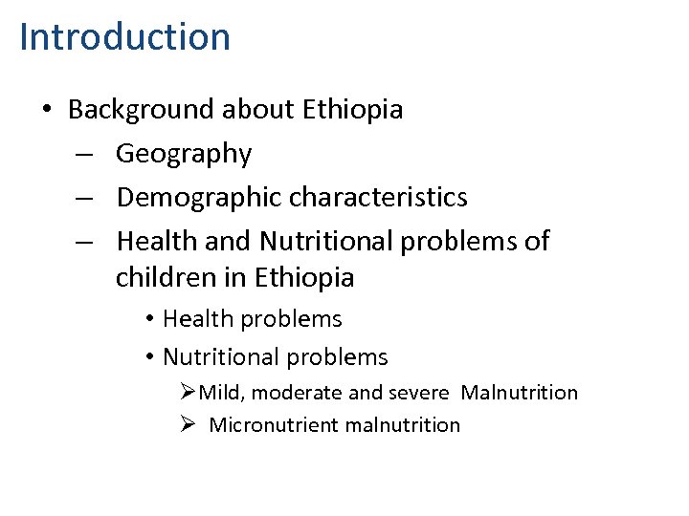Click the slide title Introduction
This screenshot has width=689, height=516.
(x=124, y=37)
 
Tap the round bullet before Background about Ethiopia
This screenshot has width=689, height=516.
(x=47, y=110)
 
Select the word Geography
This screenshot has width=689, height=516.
(x=184, y=154)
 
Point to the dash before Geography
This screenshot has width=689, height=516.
(x=84, y=154)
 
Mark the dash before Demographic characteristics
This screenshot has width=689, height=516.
(x=84, y=198)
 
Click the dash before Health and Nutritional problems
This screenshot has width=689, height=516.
(x=84, y=242)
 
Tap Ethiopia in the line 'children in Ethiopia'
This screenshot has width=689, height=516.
(x=304, y=278)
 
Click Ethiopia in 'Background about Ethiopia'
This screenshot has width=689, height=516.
(x=352, y=110)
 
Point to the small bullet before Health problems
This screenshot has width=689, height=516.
(x=150, y=319)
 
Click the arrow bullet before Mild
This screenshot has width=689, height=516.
(x=188, y=393)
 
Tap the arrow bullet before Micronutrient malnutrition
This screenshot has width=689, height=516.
(x=188, y=425)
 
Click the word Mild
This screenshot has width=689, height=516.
(x=222, y=393)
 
